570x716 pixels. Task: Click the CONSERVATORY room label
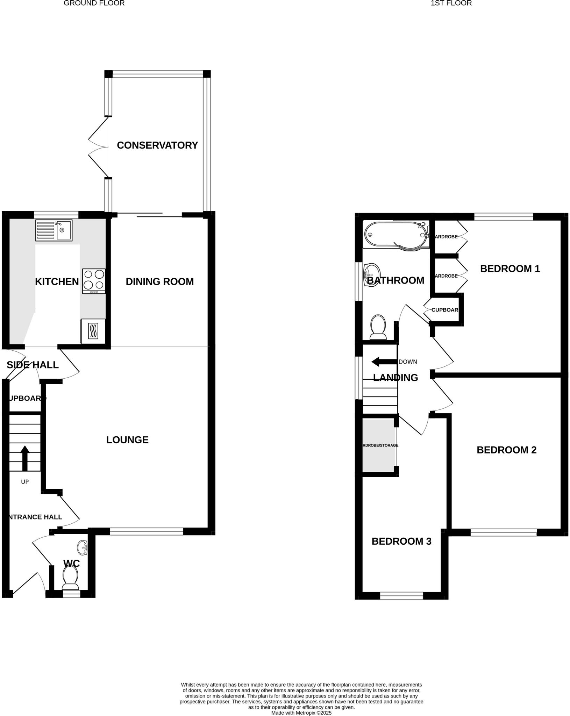pyautogui.click(x=157, y=145)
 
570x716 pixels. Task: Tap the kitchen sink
pyautogui.click(x=54, y=230)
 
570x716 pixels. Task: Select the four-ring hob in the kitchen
pyautogui.click(x=94, y=281)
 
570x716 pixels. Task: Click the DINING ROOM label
pyautogui.click(x=159, y=281)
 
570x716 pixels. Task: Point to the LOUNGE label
pyautogui.click(x=127, y=440)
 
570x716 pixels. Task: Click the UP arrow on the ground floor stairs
pyautogui.click(x=25, y=458)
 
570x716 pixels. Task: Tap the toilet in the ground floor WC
pyautogui.click(x=70, y=577)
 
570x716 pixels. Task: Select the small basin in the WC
pyautogui.click(x=83, y=547)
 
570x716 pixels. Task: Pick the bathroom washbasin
pyautogui.click(x=372, y=275)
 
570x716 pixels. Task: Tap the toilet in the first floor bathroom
pyautogui.click(x=378, y=327)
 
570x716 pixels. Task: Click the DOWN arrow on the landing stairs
pyautogui.click(x=384, y=362)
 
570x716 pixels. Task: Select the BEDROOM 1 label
pyautogui.click(x=510, y=268)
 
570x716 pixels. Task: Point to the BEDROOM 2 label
pyautogui.click(x=506, y=450)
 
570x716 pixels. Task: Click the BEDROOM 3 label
pyautogui.click(x=401, y=541)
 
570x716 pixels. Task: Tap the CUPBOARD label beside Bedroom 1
pyautogui.click(x=444, y=310)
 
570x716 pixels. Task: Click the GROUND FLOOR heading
pyautogui.click(x=94, y=3)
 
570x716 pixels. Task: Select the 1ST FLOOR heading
pyautogui.click(x=451, y=3)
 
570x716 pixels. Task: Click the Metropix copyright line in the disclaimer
pyautogui.click(x=301, y=713)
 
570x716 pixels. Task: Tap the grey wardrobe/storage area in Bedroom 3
pyautogui.click(x=379, y=445)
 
